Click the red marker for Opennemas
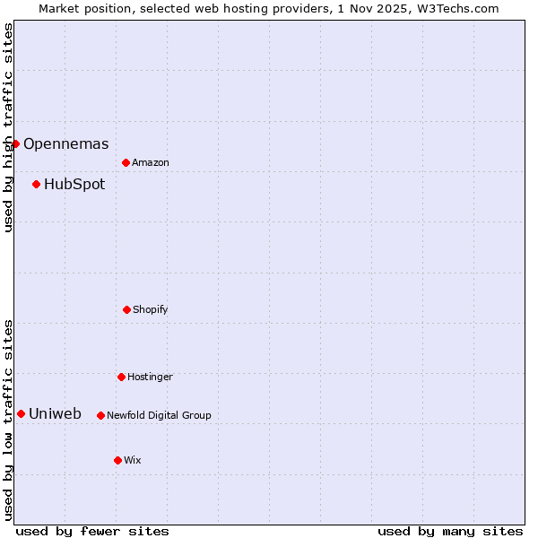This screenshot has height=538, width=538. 15,143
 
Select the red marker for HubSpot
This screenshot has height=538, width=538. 36,184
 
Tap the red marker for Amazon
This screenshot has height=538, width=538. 126,162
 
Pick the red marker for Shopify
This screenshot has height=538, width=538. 126,309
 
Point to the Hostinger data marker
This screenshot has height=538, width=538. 121,377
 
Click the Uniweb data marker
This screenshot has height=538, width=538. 21,413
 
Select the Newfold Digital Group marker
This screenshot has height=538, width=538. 100,415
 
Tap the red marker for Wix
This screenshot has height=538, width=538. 117,460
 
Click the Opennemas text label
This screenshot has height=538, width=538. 65,143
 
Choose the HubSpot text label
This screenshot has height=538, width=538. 74,184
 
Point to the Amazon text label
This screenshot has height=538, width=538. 151,162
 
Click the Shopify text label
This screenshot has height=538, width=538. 151,309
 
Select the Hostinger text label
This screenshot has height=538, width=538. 150,377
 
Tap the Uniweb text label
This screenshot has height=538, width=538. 55,413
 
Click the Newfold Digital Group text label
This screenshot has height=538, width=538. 159,415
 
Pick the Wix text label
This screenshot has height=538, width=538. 133,460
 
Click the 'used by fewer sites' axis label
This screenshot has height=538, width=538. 92,531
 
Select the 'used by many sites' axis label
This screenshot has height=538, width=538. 450,531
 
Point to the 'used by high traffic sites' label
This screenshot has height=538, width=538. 8,127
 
